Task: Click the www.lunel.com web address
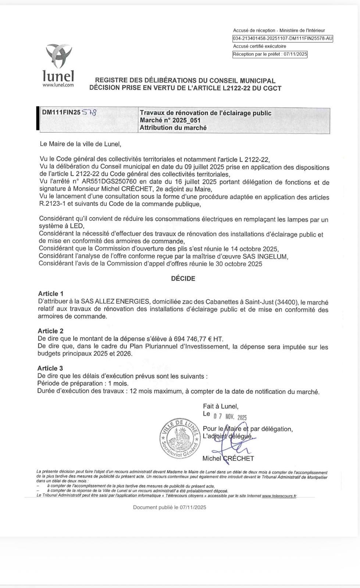coord(58,85)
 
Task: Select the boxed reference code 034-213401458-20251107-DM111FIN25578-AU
coord(282,39)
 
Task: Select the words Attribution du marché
coord(173,128)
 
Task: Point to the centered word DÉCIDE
coord(183,279)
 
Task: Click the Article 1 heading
coord(51,294)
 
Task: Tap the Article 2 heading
coord(50,331)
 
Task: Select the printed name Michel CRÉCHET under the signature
coord(228,458)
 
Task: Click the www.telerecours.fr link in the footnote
coord(279,496)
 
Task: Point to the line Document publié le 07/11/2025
coord(170,508)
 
